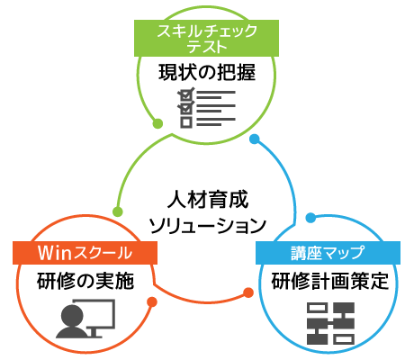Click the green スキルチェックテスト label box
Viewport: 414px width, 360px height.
[206, 39]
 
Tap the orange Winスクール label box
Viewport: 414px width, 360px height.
[85, 253]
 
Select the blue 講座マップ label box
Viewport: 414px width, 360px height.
[327, 253]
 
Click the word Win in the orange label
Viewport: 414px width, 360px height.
[54, 253]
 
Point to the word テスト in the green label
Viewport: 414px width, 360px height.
[207, 47]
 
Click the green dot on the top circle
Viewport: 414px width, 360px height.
[157, 123]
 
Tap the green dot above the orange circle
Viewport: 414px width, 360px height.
[117, 212]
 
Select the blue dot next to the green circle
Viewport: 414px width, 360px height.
[255, 139]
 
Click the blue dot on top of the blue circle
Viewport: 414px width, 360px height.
[310, 218]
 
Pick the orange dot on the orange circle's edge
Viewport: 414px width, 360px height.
[152, 302]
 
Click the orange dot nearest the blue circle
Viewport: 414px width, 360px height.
[248, 292]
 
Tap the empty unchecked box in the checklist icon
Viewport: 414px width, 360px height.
[185, 122]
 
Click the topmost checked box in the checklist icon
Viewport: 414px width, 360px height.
[185, 93]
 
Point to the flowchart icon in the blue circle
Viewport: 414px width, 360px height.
[330, 323]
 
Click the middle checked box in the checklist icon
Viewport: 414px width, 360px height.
[185, 107]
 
